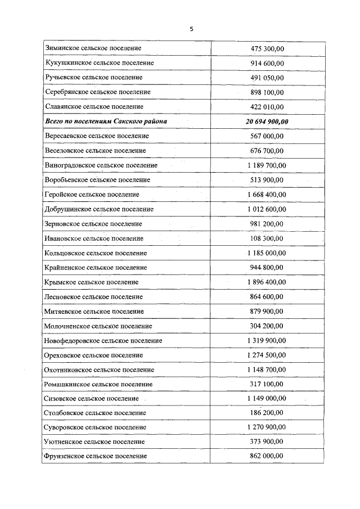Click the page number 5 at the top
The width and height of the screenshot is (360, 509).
coord(191,29)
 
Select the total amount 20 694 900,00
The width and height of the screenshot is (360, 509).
coord(267,121)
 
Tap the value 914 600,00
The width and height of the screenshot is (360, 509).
coord(267,63)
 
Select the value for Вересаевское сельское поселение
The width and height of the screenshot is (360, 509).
coord(267,136)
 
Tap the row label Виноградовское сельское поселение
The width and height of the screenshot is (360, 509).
coord(101,165)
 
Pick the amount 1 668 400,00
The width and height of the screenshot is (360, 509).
coord(267,195)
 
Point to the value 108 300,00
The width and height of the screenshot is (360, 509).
coord(267,238)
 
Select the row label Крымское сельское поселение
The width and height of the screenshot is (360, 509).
coord(91,282)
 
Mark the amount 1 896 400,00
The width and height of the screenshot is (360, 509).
coord(267,282)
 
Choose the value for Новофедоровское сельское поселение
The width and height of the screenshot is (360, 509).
coord(267,340)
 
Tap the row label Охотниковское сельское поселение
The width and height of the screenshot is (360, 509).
coord(99,370)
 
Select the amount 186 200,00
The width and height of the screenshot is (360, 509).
coord(267,413)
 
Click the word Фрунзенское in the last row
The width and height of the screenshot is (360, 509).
coord(65,456)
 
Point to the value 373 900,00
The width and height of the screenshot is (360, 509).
coord(267,442)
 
